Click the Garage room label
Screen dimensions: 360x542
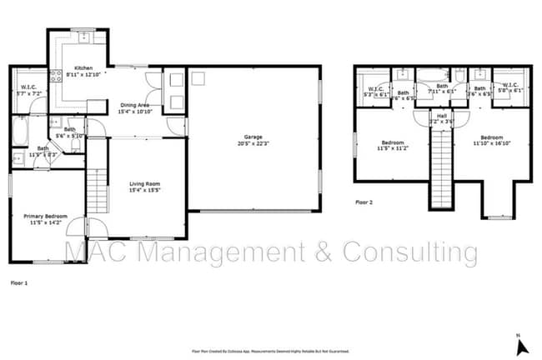click(x=253, y=139)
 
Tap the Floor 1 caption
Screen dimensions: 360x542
click(x=18, y=283)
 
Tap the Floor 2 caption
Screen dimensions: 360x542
click(x=364, y=202)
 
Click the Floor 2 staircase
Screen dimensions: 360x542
click(x=439, y=167)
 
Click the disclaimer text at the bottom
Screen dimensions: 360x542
click(x=270, y=352)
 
